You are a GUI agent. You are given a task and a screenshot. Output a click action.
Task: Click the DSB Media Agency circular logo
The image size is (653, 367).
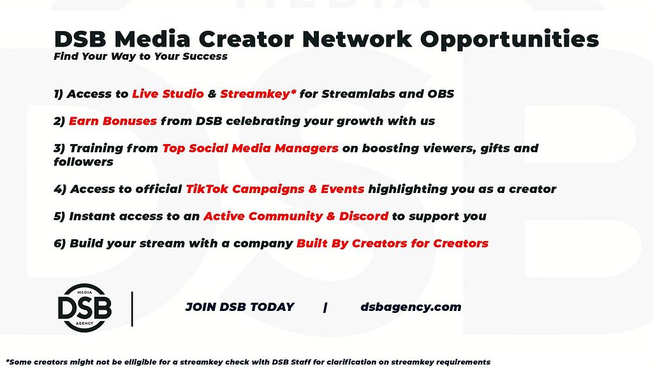click(x=85, y=308)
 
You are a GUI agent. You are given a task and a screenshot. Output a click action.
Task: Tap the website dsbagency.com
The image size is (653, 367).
click(x=411, y=307)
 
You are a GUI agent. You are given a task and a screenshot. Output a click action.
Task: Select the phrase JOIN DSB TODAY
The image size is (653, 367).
click(x=240, y=307)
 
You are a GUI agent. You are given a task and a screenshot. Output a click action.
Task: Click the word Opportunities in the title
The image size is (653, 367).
click(x=510, y=40)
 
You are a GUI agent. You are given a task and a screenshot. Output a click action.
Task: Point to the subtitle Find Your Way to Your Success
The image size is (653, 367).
click(x=140, y=57)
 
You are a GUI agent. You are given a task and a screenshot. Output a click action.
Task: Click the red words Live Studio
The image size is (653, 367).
click(x=168, y=94)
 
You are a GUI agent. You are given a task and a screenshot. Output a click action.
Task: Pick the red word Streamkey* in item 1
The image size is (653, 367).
click(x=258, y=94)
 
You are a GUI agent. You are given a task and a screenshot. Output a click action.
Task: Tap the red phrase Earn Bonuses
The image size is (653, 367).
click(x=112, y=121)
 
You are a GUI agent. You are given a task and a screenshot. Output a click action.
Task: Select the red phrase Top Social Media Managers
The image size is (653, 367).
click(x=250, y=148)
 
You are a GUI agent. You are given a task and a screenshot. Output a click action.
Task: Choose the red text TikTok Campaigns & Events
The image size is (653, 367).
click(x=275, y=189)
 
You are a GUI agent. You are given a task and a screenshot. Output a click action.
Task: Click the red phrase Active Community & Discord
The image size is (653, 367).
click(x=296, y=217)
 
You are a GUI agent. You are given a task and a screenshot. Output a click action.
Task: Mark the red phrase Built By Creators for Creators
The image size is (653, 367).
click(x=392, y=243)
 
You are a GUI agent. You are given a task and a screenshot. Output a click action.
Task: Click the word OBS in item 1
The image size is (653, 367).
click(x=441, y=94)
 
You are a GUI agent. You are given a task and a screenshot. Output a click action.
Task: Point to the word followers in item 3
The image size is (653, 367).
click(x=84, y=161)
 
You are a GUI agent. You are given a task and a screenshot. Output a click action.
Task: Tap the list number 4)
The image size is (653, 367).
click(x=60, y=189)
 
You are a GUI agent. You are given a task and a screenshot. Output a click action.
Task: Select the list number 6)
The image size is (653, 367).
click(x=60, y=243)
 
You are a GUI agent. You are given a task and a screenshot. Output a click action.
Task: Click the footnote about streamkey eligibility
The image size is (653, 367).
click(x=248, y=362)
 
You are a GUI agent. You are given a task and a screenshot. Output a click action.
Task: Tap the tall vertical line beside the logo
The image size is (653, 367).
click(x=132, y=309)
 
